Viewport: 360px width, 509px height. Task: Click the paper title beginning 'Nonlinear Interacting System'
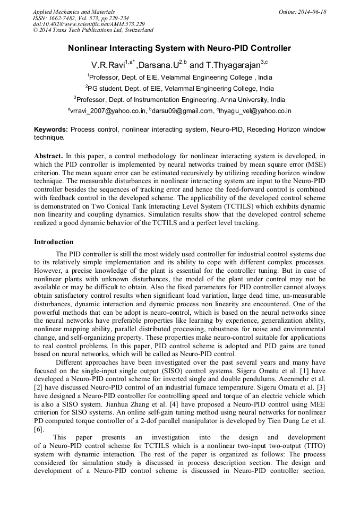point(179,48)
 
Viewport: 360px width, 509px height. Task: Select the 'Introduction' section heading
point(54,242)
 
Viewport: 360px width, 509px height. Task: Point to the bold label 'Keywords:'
point(51,130)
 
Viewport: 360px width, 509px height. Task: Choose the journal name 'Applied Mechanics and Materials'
point(74,12)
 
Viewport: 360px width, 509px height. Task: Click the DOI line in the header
point(89,24)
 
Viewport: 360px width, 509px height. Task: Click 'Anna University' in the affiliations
point(240,99)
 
